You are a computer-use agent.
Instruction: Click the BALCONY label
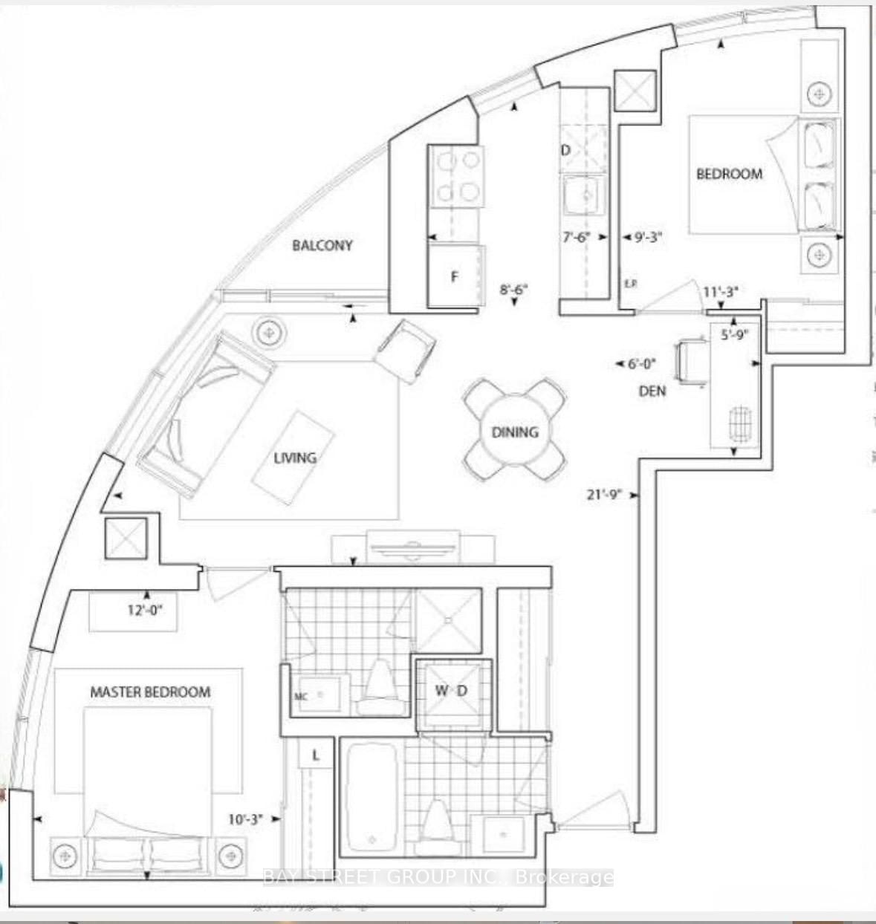pos(322,245)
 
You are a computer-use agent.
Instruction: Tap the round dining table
pos(514,431)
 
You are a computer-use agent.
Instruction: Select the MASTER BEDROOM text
pos(150,692)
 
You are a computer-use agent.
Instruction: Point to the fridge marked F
pos(455,276)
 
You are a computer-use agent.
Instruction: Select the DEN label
pos(652,391)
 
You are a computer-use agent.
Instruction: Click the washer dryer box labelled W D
pos(452,691)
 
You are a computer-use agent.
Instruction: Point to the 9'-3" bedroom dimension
pos(647,238)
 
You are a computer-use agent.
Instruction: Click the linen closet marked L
pos(315,756)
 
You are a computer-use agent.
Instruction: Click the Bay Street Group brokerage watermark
pos(438,877)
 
